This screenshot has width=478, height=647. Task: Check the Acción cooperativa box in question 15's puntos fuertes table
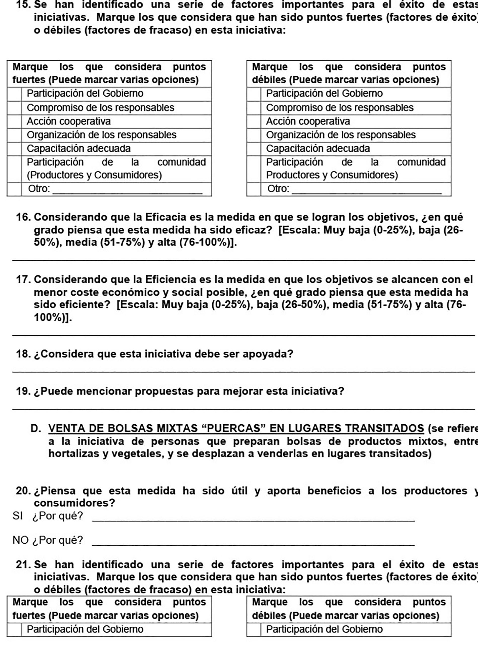point(14,122)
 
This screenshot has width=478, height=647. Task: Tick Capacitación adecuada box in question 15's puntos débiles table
point(254,149)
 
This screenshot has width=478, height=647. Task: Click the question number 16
point(23,217)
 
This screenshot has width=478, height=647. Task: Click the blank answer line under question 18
point(243,372)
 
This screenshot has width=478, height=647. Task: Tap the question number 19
point(23,391)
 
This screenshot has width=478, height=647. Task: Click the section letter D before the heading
point(35,428)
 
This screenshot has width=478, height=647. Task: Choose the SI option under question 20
point(17,516)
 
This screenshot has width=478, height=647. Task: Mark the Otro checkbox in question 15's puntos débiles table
point(254,189)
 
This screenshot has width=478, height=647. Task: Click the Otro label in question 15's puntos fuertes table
point(39,189)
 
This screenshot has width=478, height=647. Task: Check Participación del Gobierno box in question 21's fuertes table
point(14,629)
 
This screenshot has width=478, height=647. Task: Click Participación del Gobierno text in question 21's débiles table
point(324,629)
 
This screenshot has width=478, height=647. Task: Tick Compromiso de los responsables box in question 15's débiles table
point(254,108)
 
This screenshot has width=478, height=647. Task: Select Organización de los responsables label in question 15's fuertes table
point(101,135)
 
